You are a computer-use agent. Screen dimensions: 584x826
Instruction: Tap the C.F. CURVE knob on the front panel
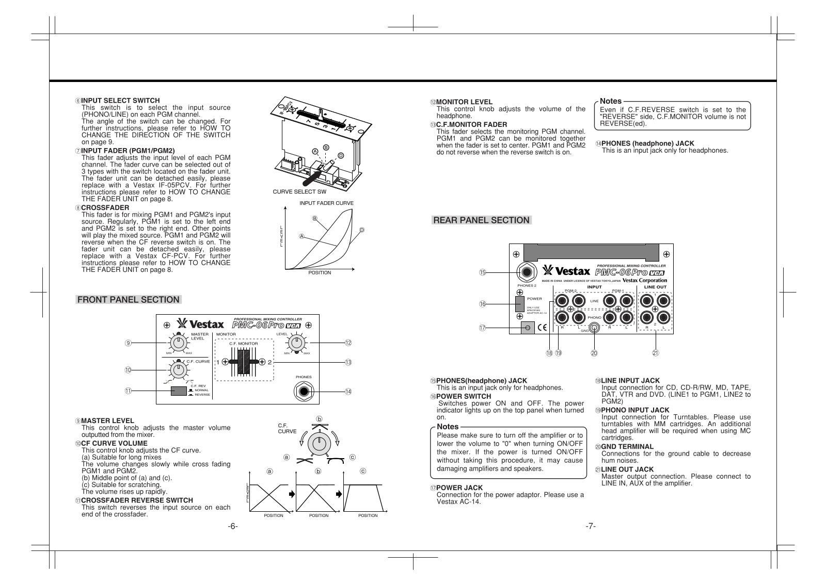pyautogui.click(x=178, y=369)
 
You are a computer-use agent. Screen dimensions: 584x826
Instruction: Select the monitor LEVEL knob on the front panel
pyautogui.click(x=296, y=343)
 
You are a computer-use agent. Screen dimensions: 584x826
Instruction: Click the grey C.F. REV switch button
pyautogui.click(x=179, y=391)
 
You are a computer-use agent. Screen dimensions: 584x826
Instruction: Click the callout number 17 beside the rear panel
pyautogui.click(x=482, y=328)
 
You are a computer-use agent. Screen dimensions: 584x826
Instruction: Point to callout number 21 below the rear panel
pyautogui.click(x=656, y=353)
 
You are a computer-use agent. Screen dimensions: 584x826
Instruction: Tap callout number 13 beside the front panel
pyautogui.click(x=348, y=362)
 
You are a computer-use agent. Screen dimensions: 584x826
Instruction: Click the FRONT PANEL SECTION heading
pyautogui.click(x=128, y=300)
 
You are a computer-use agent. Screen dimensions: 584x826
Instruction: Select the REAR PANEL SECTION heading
pyautogui.click(x=481, y=220)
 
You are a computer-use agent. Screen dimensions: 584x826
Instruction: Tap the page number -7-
pyautogui.click(x=591, y=526)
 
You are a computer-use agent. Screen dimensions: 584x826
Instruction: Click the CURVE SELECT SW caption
pyautogui.click(x=296, y=192)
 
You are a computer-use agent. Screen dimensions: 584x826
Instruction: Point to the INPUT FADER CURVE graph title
pyautogui.click(x=326, y=203)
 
